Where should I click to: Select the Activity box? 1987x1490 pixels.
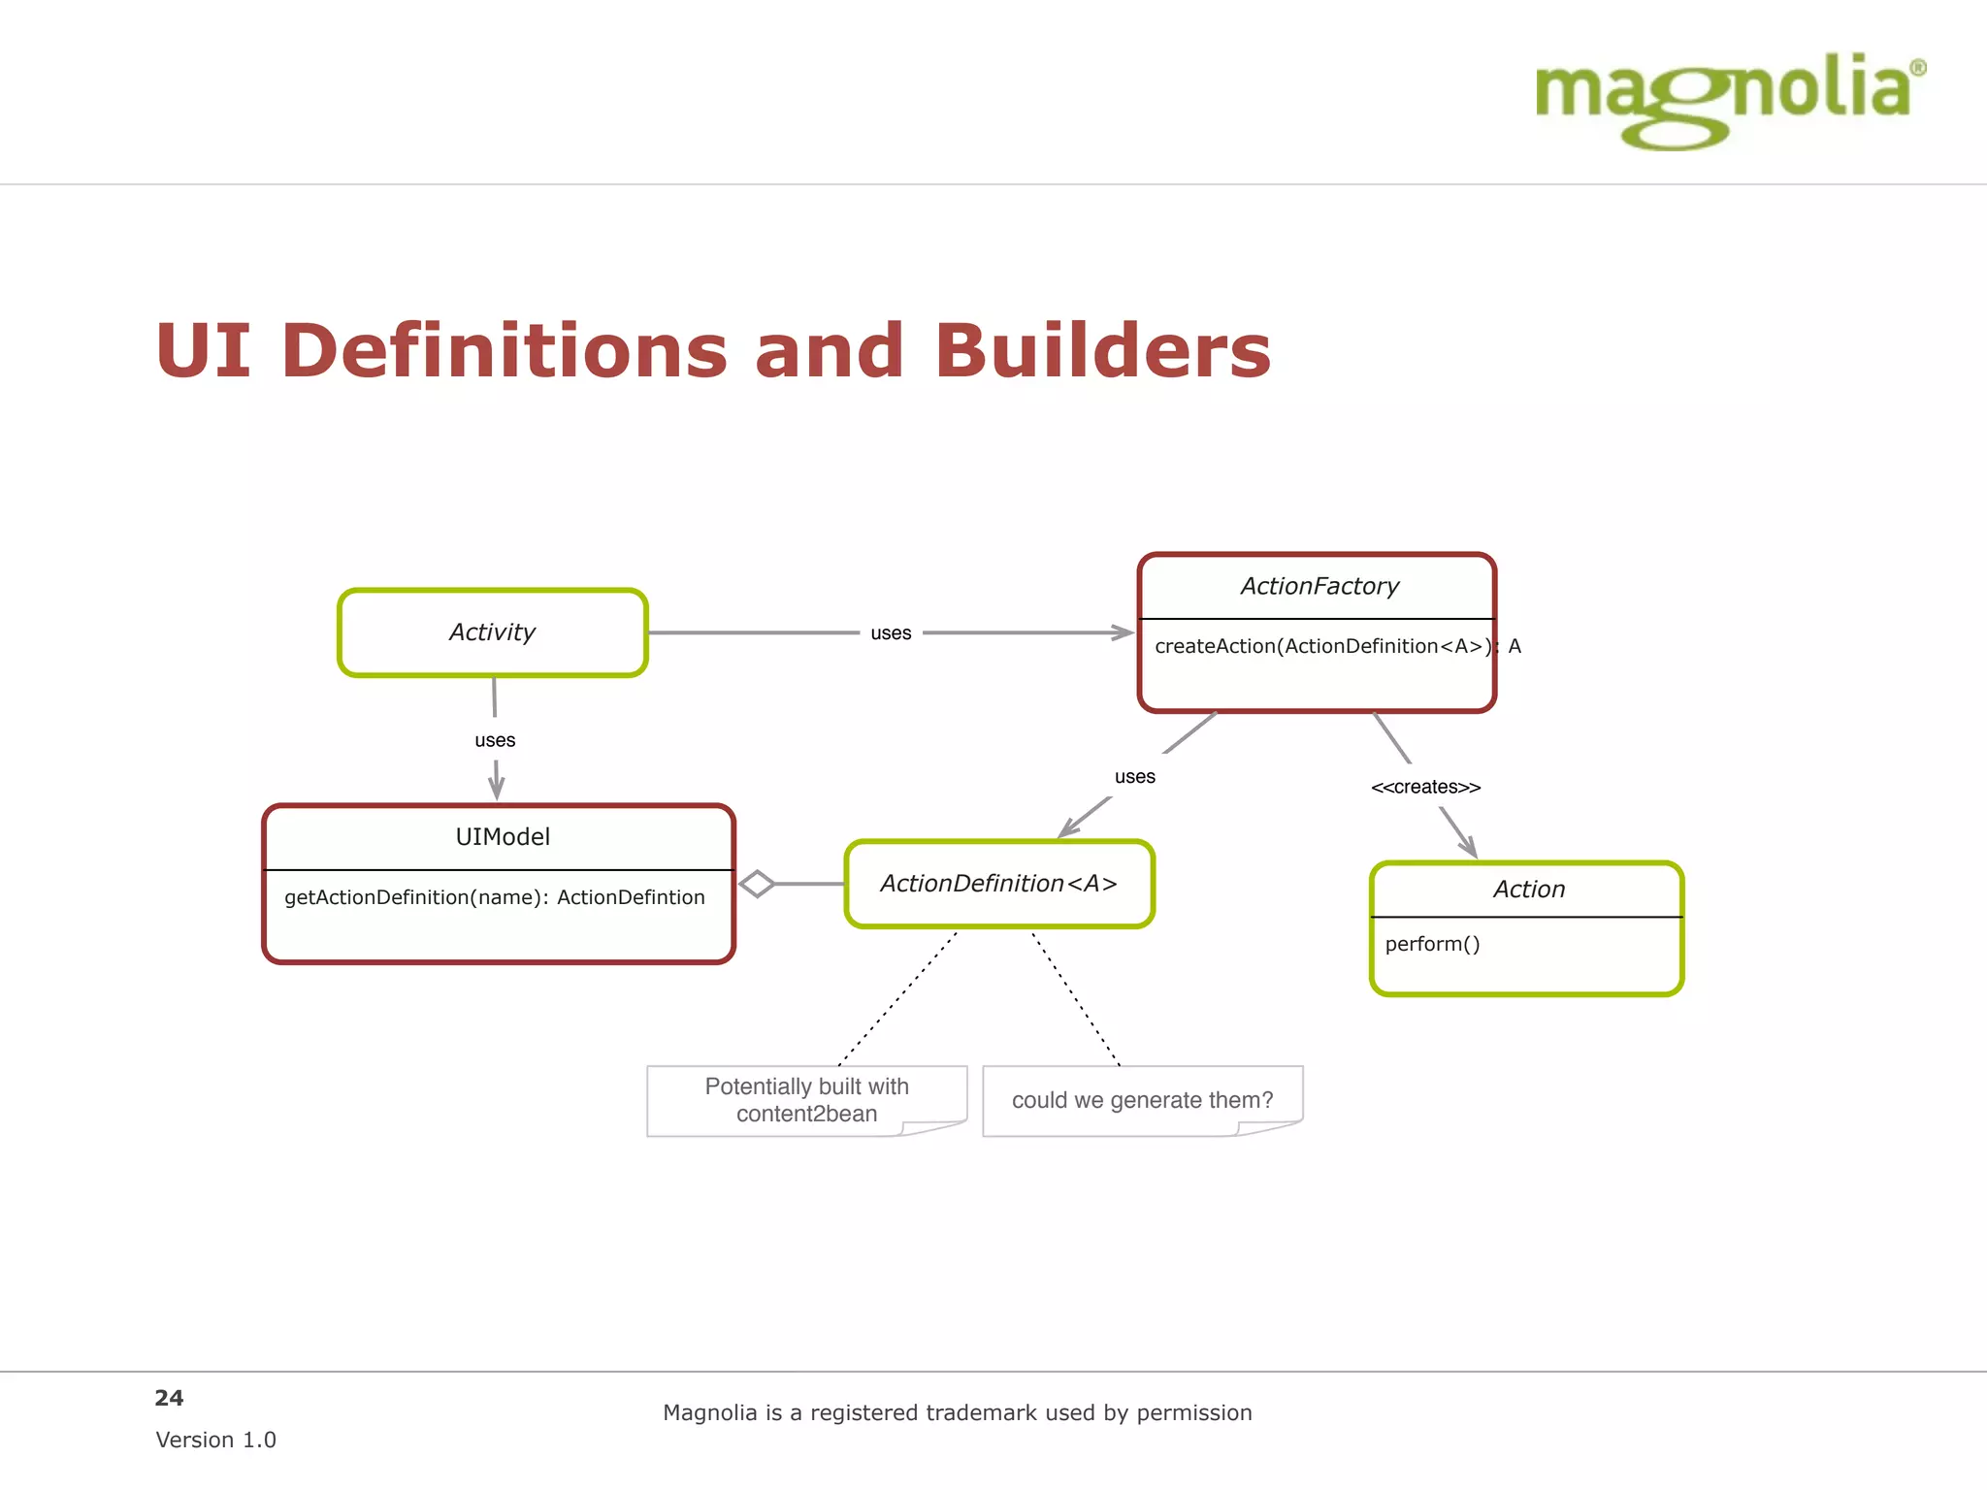coord(492,632)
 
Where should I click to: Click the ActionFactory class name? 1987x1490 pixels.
coord(1319,586)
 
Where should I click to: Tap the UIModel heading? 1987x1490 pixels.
coord(503,836)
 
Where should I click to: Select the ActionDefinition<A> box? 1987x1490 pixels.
coord(998,884)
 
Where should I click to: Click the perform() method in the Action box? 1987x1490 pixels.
coord(1432,944)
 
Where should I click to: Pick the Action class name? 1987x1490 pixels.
coord(1528,890)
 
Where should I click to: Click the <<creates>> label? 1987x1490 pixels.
coord(1425,787)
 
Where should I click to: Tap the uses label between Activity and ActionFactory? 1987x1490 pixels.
coord(891,633)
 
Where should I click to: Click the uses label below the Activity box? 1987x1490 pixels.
coord(495,740)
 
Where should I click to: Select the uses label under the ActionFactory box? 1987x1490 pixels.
coord(1134,777)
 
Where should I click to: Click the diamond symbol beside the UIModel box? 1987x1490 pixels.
coord(757,884)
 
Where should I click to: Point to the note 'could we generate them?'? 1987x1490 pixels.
coord(1142,1100)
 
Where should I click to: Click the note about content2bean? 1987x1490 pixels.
coord(806,1100)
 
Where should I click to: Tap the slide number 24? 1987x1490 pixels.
coord(169,1398)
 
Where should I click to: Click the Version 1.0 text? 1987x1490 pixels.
coord(215,1440)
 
